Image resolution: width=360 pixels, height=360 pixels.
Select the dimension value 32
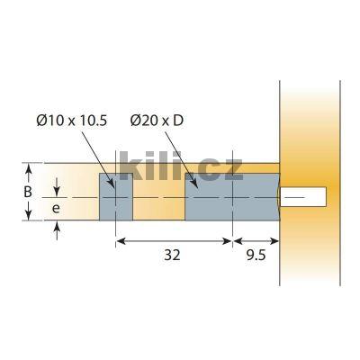coord(174,255)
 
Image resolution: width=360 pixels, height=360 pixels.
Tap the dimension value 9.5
coord(256,255)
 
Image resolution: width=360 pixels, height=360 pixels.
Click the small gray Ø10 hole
coord(114,196)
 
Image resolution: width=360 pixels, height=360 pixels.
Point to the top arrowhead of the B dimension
coord(29,167)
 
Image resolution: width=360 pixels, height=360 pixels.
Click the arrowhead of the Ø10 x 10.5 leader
coord(112,184)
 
